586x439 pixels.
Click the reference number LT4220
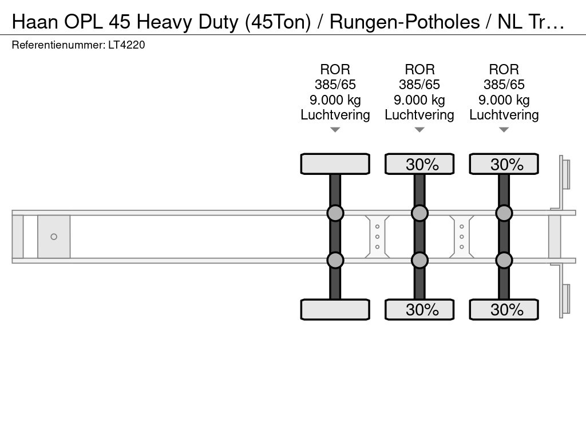(x=126, y=45)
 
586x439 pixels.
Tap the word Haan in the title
(x=35, y=22)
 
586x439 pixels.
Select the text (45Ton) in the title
(x=278, y=22)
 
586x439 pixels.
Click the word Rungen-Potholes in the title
(x=405, y=22)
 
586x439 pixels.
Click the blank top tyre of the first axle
(x=335, y=164)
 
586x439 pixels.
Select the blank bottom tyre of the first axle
(x=335, y=309)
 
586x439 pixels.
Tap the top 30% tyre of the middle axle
(x=419, y=164)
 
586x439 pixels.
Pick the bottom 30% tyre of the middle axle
(x=419, y=309)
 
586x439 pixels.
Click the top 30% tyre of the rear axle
(x=504, y=164)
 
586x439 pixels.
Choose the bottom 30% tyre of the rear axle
(x=504, y=309)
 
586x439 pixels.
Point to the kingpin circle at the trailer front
(x=54, y=237)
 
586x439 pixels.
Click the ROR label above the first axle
(x=335, y=69)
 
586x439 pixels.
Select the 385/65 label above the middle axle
(x=419, y=85)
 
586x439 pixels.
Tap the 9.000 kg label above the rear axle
(x=504, y=100)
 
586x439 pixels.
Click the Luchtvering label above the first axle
(x=335, y=115)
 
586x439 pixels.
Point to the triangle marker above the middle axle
(x=419, y=130)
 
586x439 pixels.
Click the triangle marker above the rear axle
(x=504, y=130)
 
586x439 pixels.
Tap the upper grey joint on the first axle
(x=335, y=213)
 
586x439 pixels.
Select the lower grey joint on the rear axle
(x=504, y=260)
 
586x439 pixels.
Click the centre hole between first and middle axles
(x=378, y=237)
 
